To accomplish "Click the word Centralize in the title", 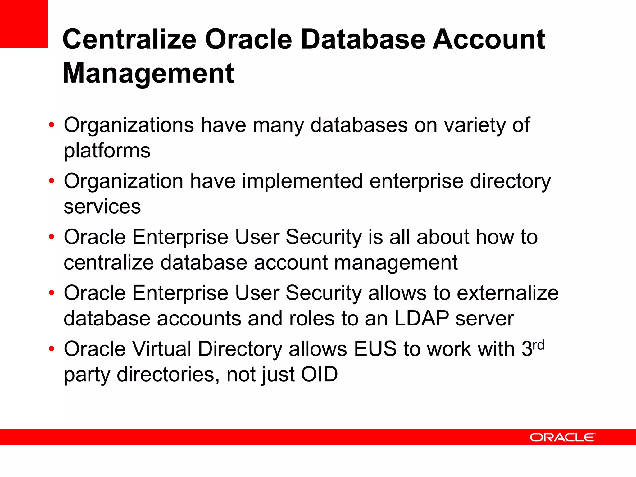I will pyautogui.click(x=129, y=39).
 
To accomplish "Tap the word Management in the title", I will pyautogui.click(x=148, y=74).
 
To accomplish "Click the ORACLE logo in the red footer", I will pyautogui.click(x=562, y=437).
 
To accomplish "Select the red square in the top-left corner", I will pyautogui.click(x=24, y=24).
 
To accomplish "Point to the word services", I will pyautogui.click(x=102, y=207).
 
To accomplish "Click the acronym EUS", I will pyautogui.click(x=375, y=349).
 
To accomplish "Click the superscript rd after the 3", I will pyautogui.click(x=538, y=345).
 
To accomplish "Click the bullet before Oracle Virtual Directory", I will pyautogui.click(x=52, y=348).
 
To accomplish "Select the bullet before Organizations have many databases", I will pyautogui.click(x=52, y=125).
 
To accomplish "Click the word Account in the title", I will pyautogui.click(x=488, y=39).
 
